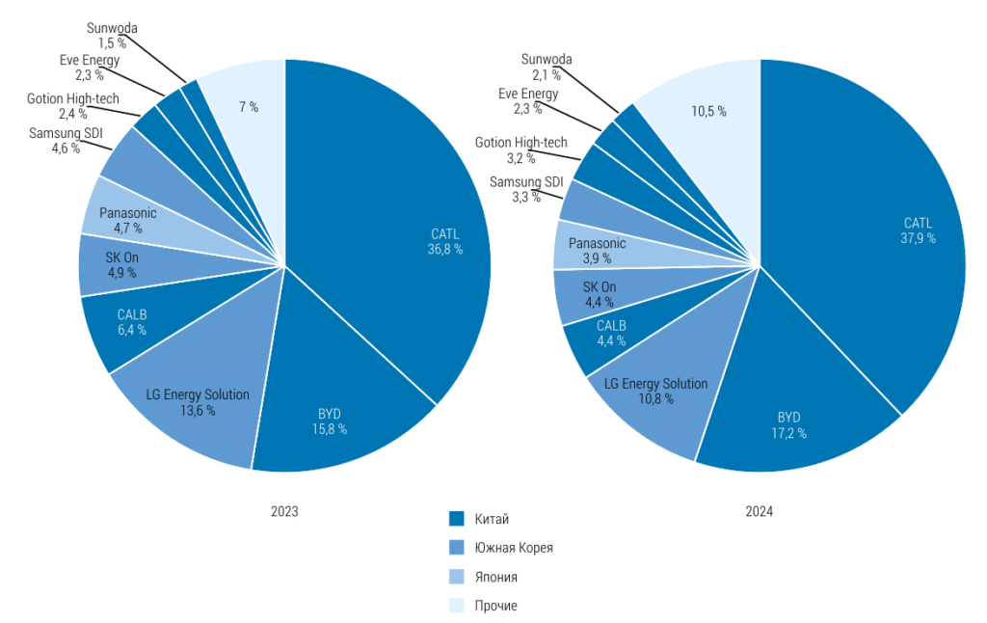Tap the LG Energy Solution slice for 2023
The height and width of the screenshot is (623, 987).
pyautogui.click(x=193, y=405)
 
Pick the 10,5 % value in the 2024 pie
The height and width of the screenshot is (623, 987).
pyautogui.click(x=708, y=111)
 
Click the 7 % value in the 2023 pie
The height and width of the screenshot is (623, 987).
pyautogui.click(x=249, y=107)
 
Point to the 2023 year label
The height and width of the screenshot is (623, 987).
pyautogui.click(x=284, y=512)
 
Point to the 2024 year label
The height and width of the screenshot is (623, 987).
pyautogui.click(x=760, y=512)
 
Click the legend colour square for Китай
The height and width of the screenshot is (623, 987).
pyautogui.click(x=457, y=519)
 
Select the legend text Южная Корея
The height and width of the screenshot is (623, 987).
pyautogui.click(x=514, y=548)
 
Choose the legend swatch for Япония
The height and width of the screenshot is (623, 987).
pyautogui.click(x=457, y=577)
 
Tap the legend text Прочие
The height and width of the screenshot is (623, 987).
pyautogui.click(x=496, y=606)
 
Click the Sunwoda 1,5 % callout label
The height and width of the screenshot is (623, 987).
pyautogui.click(x=113, y=36)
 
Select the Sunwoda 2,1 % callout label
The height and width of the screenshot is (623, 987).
pyautogui.click(x=547, y=67)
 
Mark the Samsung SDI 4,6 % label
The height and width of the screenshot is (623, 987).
pyautogui.click(x=66, y=141)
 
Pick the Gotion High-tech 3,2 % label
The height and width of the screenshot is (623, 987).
pyautogui.click(x=521, y=150)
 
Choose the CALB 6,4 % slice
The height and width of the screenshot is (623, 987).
pyautogui.click(x=131, y=322)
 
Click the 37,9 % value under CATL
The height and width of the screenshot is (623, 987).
pyautogui.click(x=918, y=238)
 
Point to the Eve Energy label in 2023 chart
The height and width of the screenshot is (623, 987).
pyautogui.click(x=90, y=60)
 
